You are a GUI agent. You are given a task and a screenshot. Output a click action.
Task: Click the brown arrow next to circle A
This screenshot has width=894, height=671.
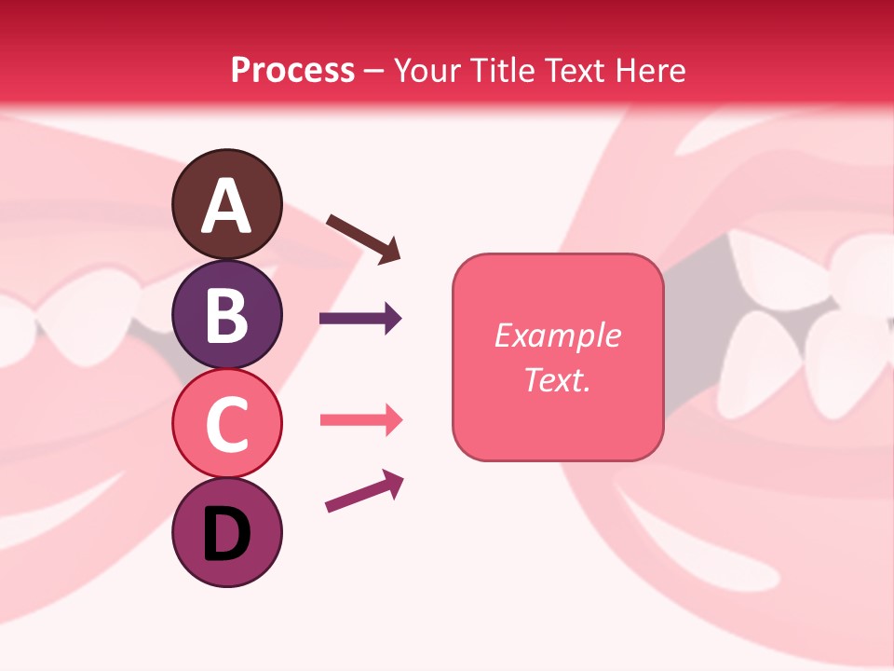coord(362,238)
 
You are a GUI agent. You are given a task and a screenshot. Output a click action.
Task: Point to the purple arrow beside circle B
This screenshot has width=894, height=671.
coord(360,319)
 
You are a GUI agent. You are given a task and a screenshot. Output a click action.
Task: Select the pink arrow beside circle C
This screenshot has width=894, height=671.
coord(360,420)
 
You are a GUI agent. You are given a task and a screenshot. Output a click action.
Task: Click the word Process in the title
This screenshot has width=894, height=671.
coord(292,70)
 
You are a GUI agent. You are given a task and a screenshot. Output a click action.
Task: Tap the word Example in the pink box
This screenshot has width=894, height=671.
coord(557,335)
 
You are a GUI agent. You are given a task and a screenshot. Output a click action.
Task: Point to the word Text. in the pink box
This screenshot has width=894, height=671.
coord(557,379)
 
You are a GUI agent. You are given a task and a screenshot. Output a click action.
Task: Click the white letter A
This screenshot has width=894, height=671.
coord(226,207)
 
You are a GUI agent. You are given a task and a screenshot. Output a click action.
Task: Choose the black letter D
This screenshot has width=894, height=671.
coord(226,535)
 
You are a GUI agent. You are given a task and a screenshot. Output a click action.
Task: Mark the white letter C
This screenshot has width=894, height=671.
coord(226,425)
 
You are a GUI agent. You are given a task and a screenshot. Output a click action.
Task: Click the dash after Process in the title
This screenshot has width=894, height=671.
coord(373,71)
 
